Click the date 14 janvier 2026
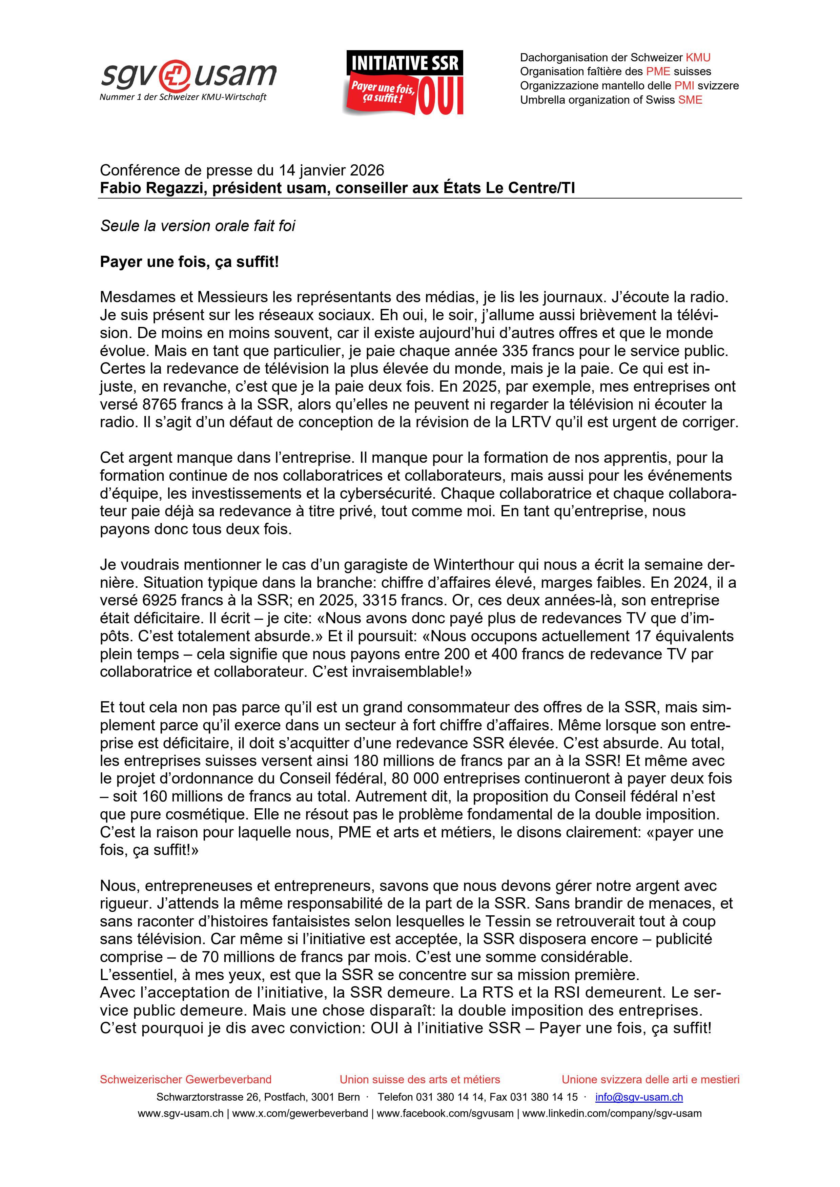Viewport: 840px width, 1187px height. click(331, 170)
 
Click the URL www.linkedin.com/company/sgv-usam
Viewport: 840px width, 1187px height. click(612, 1113)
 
